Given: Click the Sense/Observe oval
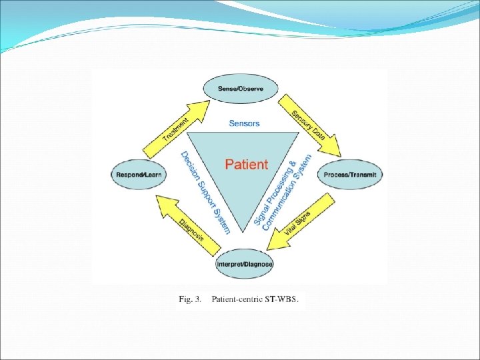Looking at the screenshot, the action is [x=241, y=89].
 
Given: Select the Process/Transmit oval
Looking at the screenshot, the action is [x=350, y=175].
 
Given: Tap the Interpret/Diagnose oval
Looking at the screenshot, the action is [x=244, y=264].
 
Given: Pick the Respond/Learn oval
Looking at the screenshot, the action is [x=139, y=175].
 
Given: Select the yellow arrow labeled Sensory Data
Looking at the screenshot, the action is [x=309, y=125].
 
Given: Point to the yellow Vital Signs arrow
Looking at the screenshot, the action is [x=301, y=222].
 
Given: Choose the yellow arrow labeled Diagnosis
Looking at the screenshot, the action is [x=188, y=225].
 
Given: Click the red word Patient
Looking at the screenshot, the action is [x=247, y=165].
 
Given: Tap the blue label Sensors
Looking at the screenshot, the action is [x=244, y=123].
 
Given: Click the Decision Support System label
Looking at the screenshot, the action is [x=205, y=193].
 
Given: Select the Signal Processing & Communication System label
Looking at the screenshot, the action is [x=283, y=193].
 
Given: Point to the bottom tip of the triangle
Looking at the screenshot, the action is [x=243, y=232].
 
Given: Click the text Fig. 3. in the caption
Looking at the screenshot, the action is [x=190, y=299].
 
